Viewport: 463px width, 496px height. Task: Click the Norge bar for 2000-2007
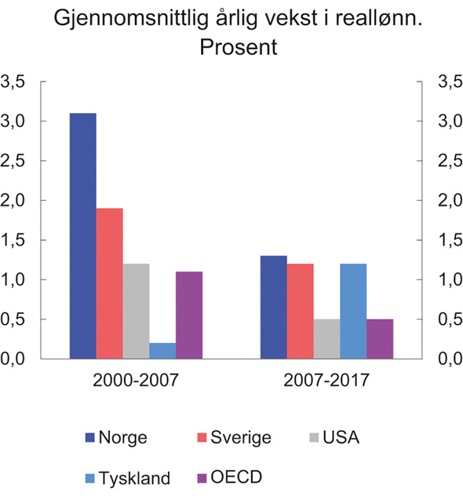pos(83,235)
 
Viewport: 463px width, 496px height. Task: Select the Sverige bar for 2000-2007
pos(109,283)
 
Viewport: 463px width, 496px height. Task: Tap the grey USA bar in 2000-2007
pos(136,311)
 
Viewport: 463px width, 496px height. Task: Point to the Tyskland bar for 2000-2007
pos(162,351)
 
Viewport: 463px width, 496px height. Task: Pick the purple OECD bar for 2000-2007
pos(189,315)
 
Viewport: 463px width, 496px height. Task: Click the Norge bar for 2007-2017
pos(273,307)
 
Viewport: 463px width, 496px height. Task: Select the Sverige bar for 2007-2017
pos(300,311)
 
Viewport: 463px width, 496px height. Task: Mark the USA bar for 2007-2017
pos(326,339)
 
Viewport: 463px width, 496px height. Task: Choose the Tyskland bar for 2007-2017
pos(353,311)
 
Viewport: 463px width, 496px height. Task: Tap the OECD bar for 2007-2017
pos(380,339)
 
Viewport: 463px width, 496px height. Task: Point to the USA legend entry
pos(335,438)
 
